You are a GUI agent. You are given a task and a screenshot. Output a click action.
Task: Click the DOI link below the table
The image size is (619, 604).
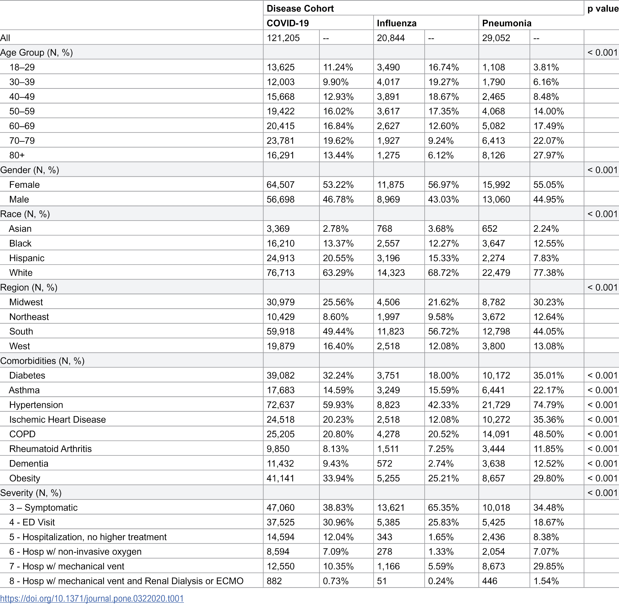tap(92, 598)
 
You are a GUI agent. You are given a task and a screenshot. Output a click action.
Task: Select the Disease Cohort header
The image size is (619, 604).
tap(300, 9)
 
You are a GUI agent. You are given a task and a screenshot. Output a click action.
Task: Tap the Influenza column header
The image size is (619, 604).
tap(396, 23)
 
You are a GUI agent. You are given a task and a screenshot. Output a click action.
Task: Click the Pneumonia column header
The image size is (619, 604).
tap(506, 23)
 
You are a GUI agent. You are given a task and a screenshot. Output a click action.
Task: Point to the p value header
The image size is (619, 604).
tap(603, 9)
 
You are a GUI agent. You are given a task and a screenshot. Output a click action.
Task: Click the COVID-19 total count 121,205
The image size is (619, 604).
tap(283, 38)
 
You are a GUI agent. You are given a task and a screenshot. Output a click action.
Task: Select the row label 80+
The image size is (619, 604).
tap(17, 155)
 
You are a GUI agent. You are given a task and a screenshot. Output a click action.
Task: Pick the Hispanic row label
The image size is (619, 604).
tap(27, 258)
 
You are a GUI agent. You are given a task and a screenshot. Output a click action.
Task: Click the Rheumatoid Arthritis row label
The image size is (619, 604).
tap(50, 449)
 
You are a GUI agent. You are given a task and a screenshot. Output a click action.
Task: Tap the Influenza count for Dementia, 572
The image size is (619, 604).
tap(384, 464)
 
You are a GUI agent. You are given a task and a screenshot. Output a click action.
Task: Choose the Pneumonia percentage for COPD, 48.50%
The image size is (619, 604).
tap(548, 434)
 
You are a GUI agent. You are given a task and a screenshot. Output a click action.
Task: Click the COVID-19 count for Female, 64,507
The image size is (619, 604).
tap(280, 185)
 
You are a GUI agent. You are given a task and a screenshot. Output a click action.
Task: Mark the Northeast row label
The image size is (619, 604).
tap(29, 317)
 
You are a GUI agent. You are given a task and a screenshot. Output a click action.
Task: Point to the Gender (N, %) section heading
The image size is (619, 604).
tap(29, 170)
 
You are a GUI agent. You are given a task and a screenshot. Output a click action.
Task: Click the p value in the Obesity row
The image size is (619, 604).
tap(602, 478)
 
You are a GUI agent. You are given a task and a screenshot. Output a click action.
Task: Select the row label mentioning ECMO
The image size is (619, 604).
tap(126, 581)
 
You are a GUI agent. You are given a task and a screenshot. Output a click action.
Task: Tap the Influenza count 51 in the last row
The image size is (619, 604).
tap(382, 581)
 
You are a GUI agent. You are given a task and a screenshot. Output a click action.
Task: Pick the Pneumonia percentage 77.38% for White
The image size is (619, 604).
tap(548, 273)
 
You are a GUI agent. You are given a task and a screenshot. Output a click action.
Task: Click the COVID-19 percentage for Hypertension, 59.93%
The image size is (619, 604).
tap(338, 405)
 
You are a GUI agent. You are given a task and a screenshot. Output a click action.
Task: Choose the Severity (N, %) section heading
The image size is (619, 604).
tap(31, 493)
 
